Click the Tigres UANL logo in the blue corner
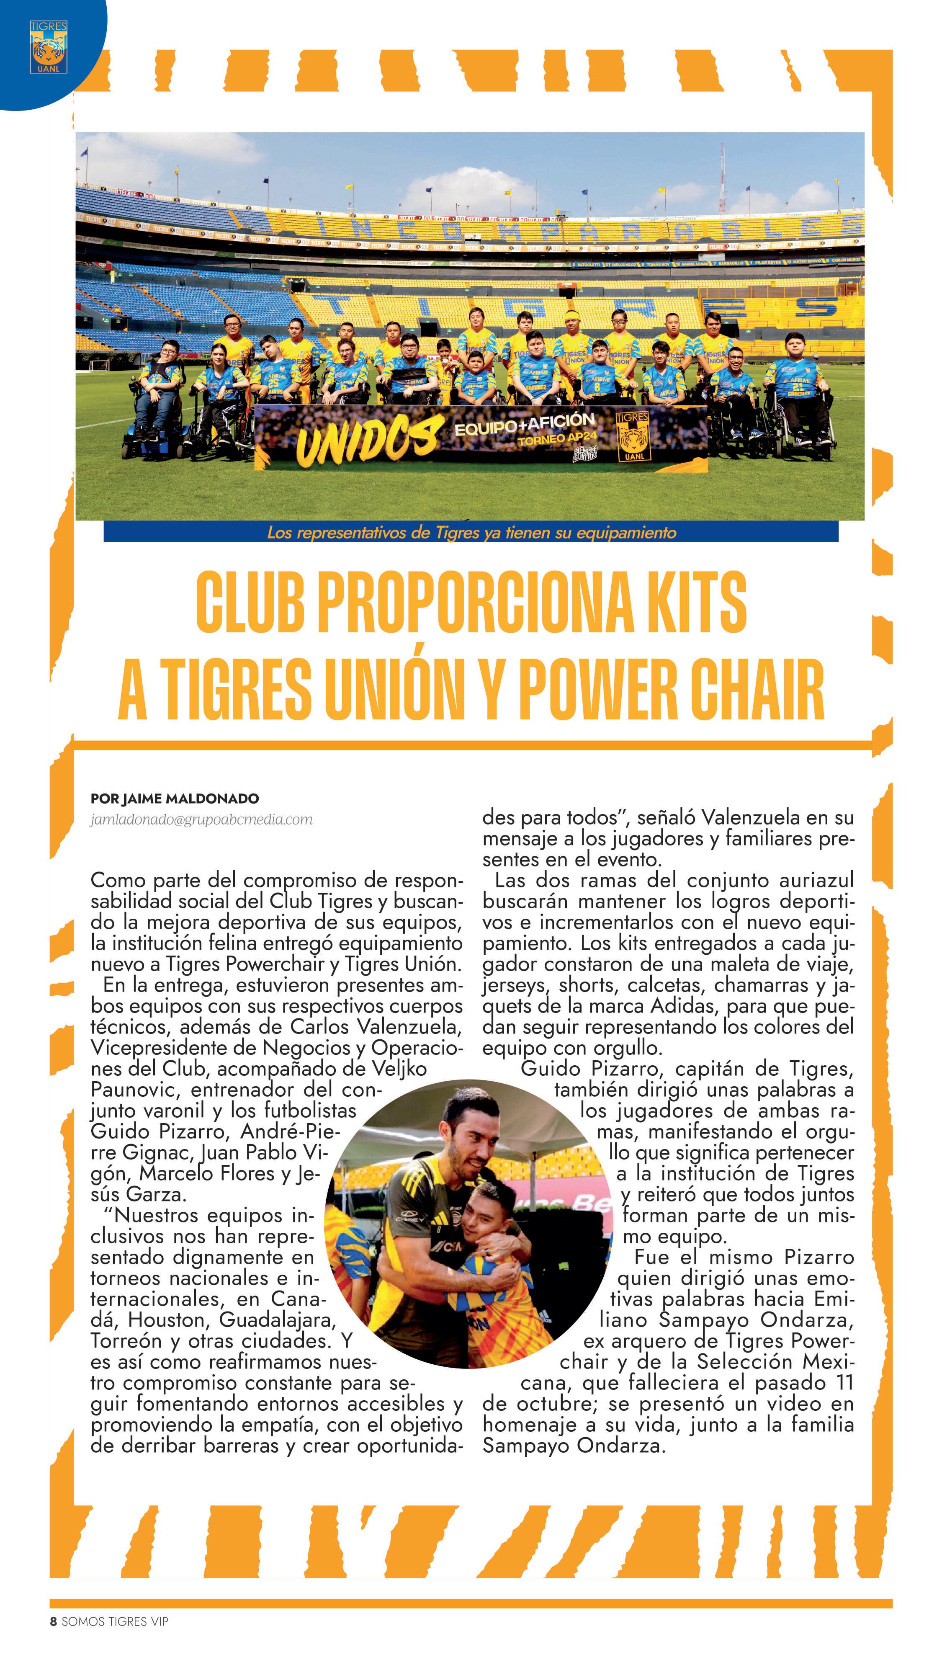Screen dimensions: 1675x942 (x=48, y=47)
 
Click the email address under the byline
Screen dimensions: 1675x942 (x=201, y=819)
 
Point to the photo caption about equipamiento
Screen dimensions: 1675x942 (x=471, y=533)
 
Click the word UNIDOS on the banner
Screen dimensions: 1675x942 (x=367, y=442)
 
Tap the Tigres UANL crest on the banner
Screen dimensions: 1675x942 (x=632, y=438)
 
